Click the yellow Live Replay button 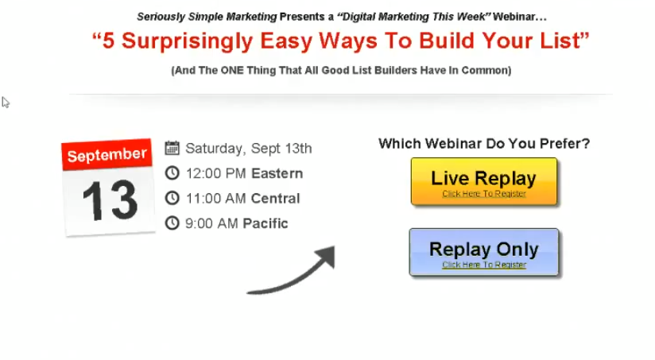pos(484,181)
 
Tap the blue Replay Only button pos(484,252)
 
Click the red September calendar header pos(107,154)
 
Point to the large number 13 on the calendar pos(110,200)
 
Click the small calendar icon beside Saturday pos(172,149)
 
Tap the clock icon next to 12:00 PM pos(172,173)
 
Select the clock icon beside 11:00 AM pos(172,198)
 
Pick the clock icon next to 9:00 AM pos(172,223)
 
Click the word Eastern pos(277,173)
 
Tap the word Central pos(275,199)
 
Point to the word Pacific pos(265,223)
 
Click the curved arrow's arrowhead pos(326,256)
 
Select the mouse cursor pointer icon pos(5,103)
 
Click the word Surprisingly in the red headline pos(187,41)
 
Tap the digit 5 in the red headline pos(108,41)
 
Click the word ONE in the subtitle pos(232,70)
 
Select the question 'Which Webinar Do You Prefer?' pos(484,144)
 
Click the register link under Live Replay pos(484,194)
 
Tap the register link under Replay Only pos(484,265)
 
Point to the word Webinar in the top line pos(514,17)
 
